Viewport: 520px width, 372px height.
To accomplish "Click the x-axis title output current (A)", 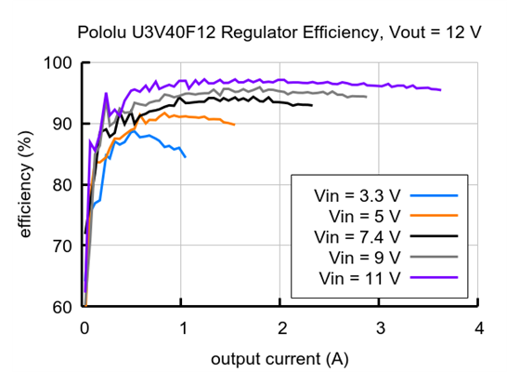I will pyautogui.click(x=280, y=358).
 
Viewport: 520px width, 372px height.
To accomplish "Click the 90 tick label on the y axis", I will pyautogui.click(x=62, y=124).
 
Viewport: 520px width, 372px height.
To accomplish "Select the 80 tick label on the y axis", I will pyautogui.click(x=62, y=185).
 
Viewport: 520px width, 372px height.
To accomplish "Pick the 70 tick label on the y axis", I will pyautogui.click(x=62, y=246).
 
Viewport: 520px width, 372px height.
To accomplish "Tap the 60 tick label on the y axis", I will pyautogui.click(x=62, y=307).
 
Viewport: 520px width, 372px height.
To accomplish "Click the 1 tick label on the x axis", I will pyautogui.click(x=183, y=327).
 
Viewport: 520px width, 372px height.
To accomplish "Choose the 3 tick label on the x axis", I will pyautogui.click(x=380, y=327).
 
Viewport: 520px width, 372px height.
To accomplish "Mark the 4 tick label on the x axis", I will pyautogui.click(x=478, y=327).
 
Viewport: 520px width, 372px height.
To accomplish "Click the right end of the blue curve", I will pyautogui.click(x=186, y=156).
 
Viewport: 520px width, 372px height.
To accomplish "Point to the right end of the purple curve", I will pyautogui.click(x=440, y=90).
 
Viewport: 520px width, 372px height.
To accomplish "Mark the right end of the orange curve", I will pyautogui.click(x=234, y=125).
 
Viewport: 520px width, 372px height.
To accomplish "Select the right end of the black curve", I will pyautogui.click(x=312, y=105).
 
